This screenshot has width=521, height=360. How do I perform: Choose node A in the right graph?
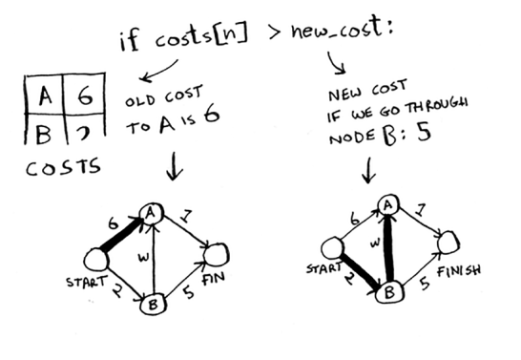[387, 204]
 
